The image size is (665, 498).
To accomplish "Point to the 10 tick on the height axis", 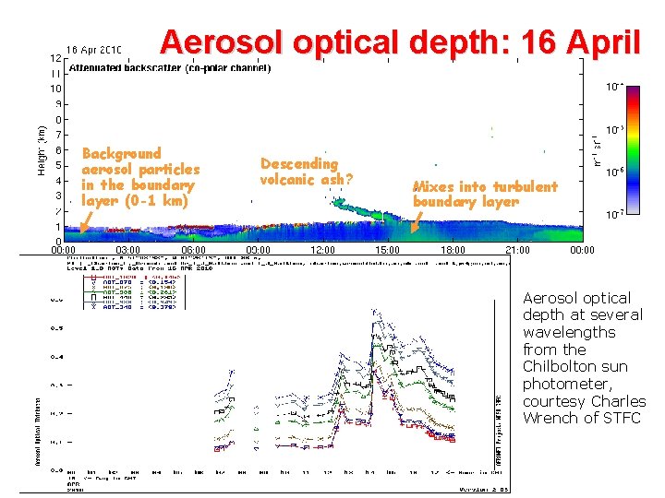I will pos(55,89).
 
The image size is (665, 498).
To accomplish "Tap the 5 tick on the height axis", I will pos(58,165).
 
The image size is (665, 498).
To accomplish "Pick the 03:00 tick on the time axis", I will pos(128,250).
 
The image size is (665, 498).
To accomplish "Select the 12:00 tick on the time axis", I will pos(323,250).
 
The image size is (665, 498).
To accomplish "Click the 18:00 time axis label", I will pos(453,250).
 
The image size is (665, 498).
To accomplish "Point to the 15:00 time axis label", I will pos(388,250).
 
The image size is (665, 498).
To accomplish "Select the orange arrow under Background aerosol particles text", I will pos(85,219).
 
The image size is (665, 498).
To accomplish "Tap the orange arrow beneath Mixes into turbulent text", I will pos(416,219).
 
